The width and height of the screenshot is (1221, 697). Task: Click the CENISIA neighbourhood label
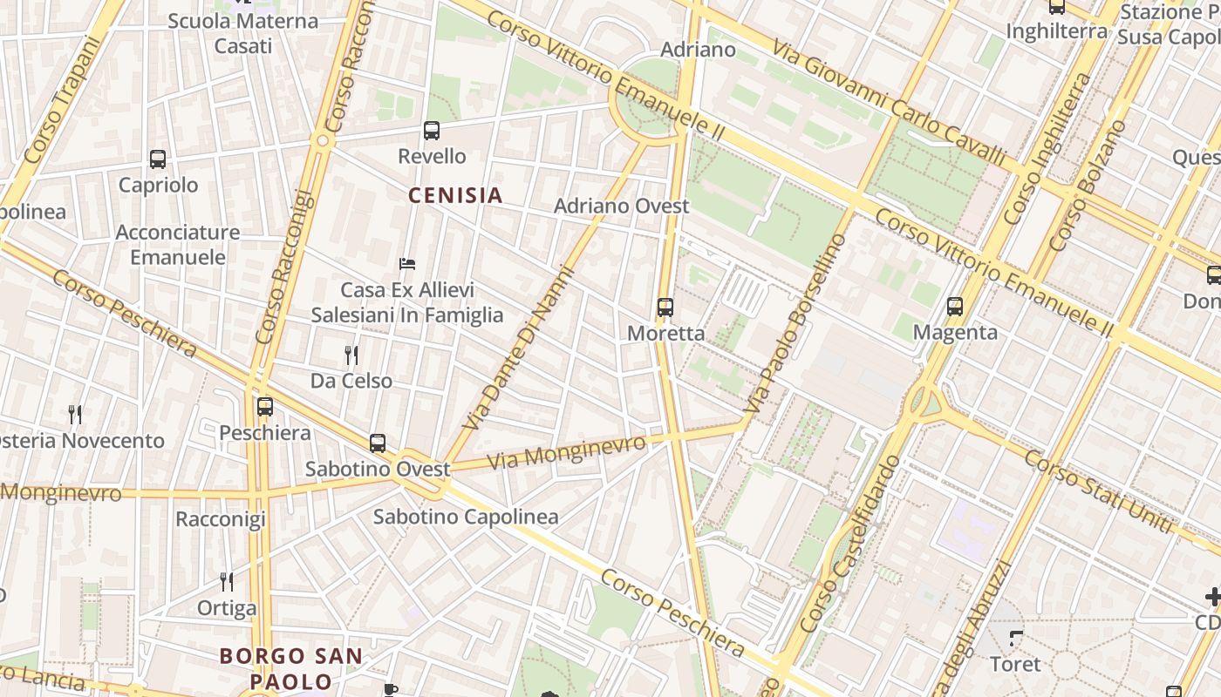[455, 195]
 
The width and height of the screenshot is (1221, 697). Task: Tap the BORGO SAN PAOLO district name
[290, 668]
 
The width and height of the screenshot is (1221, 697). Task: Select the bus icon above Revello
[431, 132]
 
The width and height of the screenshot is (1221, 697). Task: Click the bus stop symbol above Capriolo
[158, 159]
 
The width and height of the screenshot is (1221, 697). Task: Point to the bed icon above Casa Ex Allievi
[407, 263]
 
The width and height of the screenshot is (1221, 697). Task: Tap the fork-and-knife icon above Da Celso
[351, 355]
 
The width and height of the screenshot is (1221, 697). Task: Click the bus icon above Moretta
[665, 307]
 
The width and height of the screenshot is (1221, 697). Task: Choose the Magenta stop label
[955, 332]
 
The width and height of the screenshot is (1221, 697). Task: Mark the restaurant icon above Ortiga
[227, 581]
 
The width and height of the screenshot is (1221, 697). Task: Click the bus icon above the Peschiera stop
[265, 407]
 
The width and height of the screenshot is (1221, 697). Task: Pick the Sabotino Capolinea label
[466, 517]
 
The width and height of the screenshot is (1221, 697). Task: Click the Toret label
[1015, 664]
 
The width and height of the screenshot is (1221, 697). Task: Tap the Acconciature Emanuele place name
[178, 245]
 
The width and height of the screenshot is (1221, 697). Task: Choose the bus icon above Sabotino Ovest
[378, 443]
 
